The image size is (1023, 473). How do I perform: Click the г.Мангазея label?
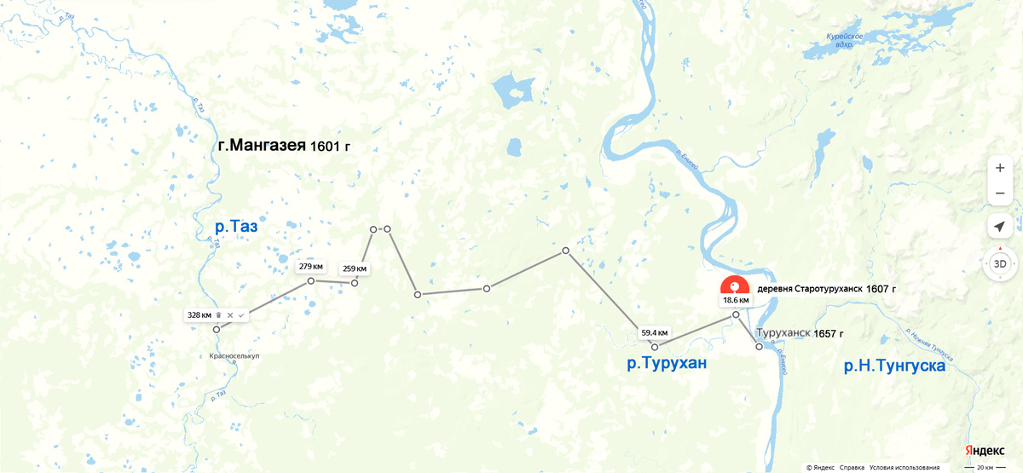(x=262, y=146)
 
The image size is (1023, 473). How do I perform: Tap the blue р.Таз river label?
(x=236, y=228)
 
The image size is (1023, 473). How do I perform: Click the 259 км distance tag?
(x=355, y=269)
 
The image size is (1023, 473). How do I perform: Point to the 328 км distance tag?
(x=199, y=315)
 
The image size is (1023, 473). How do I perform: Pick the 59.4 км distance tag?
(x=655, y=332)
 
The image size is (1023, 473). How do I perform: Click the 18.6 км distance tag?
(x=736, y=300)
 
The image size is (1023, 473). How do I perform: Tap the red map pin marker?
(x=734, y=286)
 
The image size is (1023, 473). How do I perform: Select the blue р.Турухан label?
(x=667, y=365)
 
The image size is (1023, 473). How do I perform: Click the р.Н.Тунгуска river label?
(x=894, y=366)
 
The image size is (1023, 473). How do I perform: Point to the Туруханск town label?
(x=783, y=333)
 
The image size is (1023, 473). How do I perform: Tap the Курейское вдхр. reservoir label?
(x=845, y=39)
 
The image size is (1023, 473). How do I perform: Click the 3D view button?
(x=1000, y=264)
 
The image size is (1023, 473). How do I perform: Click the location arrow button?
(x=1000, y=227)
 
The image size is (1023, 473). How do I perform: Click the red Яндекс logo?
(x=984, y=450)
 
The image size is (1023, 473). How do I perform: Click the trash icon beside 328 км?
(x=218, y=315)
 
